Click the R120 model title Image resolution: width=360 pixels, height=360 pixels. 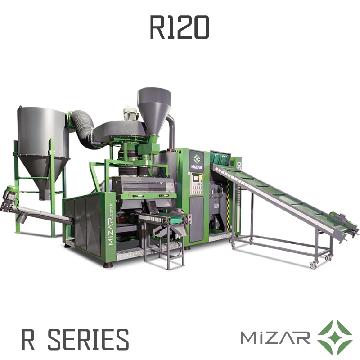pyautogui.click(x=180, y=27)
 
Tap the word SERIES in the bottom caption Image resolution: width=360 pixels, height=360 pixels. pyautogui.click(x=88, y=339)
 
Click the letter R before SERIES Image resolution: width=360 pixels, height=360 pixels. pyautogui.click(x=28, y=339)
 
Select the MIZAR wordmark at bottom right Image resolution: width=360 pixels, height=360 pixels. pyautogui.click(x=275, y=337)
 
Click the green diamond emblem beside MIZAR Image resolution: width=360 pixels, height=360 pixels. pyautogui.click(x=335, y=337)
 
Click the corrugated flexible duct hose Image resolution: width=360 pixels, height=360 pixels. pyautogui.click(x=83, y=127)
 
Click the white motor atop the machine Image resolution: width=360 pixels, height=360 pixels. pyautogui.click(x=131, y=114)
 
